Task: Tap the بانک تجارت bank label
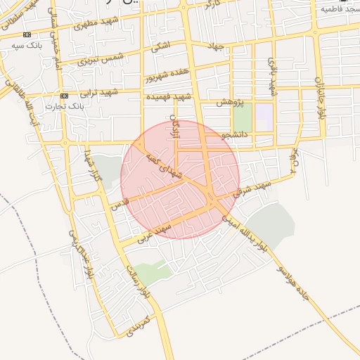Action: coord(64,106)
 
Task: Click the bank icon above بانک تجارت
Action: coord(64,96)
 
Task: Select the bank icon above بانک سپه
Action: coord(27,34)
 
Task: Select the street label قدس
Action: coord(120,205)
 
